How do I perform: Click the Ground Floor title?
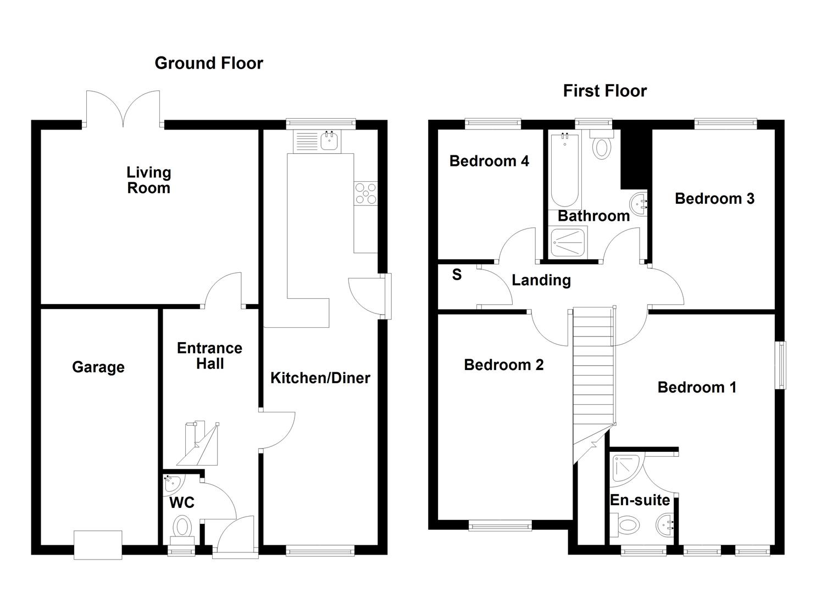pos(209,63)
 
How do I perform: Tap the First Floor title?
pos(604,91)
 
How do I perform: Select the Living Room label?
pos(149,180)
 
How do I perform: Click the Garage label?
pos(98,367)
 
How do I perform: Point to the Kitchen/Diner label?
pos(320,378)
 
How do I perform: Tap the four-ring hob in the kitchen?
pos(366,193)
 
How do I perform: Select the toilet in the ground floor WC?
pos(182,528)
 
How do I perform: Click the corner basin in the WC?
pos(172,484)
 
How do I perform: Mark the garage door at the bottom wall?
pos(98,545)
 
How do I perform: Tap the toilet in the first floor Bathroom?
pos(602,146)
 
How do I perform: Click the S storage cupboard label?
pos(457,275)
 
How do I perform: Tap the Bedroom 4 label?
pos(489,161)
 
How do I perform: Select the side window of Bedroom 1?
pos(780,365)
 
